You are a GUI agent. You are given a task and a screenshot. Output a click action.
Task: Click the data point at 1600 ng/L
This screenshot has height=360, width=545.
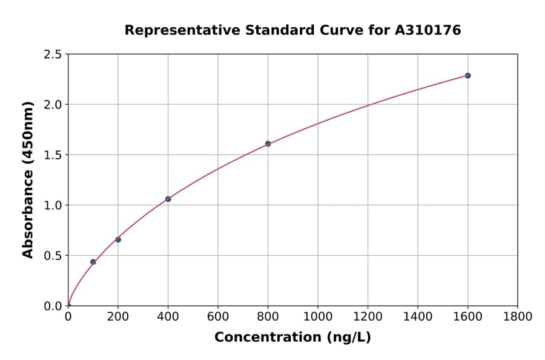coord(467,76)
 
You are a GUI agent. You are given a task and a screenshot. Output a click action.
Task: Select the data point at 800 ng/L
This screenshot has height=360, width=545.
coord(268,144)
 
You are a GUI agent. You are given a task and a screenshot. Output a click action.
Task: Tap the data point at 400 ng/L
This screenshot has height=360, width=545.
coord(168,199)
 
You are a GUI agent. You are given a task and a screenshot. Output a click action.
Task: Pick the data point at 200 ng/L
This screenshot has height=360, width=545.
coord(118,239)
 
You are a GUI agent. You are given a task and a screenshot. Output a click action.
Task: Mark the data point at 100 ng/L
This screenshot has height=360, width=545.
coord(93,262)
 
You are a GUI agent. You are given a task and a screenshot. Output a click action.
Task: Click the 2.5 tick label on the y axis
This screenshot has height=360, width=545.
coord(53,55)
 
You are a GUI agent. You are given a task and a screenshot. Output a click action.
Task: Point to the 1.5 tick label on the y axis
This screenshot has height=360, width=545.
coord(53,155)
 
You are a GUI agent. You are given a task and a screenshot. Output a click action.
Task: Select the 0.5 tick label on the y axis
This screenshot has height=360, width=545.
coord(53,256)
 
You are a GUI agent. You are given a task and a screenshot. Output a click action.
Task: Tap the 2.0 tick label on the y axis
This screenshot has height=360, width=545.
coord(53,105)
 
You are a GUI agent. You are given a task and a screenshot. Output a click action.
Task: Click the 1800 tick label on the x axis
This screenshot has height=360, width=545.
coord(517,316)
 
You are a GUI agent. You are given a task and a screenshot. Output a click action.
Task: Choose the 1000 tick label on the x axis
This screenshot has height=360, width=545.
coord(317,316)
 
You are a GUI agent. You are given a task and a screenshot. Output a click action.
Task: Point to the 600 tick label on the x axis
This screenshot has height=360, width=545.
coord(218,316)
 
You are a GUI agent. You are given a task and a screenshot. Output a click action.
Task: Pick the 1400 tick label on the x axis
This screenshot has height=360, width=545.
coord(417,316)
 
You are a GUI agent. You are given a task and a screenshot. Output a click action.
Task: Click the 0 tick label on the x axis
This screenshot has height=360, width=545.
coord(68,316)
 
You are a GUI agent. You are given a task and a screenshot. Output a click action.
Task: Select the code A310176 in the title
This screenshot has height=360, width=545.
coord(428,30)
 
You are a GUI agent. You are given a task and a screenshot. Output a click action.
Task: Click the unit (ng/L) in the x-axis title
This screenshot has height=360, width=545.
coord(349,338)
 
